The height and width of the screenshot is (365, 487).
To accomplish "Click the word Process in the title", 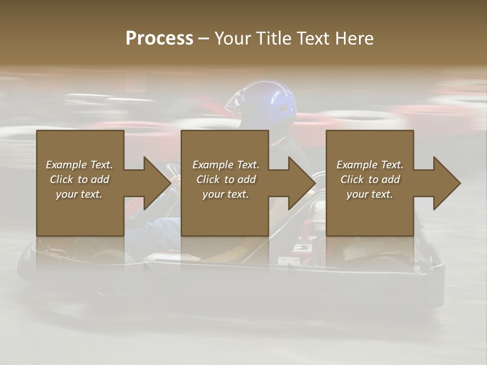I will click(x=159, y=39).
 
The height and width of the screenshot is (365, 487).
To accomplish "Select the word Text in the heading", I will click(x=313, y=39).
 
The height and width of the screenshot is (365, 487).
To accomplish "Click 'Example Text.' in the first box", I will click(x=79, y=165).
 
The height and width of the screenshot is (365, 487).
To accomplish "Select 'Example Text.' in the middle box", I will click(x=226, y=165).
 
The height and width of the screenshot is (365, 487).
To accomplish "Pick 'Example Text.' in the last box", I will click(x=370, y=165).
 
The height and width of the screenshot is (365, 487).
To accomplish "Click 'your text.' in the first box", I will click(x=79, y=194).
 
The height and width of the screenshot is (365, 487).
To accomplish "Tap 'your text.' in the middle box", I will click(x=226, y=194).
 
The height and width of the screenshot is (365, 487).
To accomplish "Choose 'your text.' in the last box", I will click(x=370, y=194).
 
